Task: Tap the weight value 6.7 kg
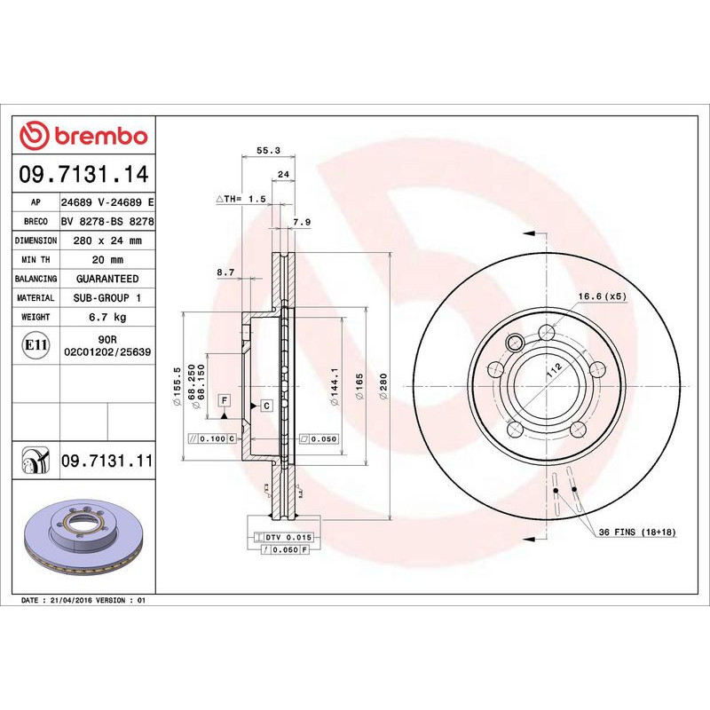pos(107,317)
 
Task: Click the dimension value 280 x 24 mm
pos(107,241)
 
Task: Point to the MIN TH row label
pos(36,259)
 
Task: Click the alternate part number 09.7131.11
pos(107,461)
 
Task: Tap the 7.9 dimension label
pos(302,222)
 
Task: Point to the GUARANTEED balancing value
pos(107,279)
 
